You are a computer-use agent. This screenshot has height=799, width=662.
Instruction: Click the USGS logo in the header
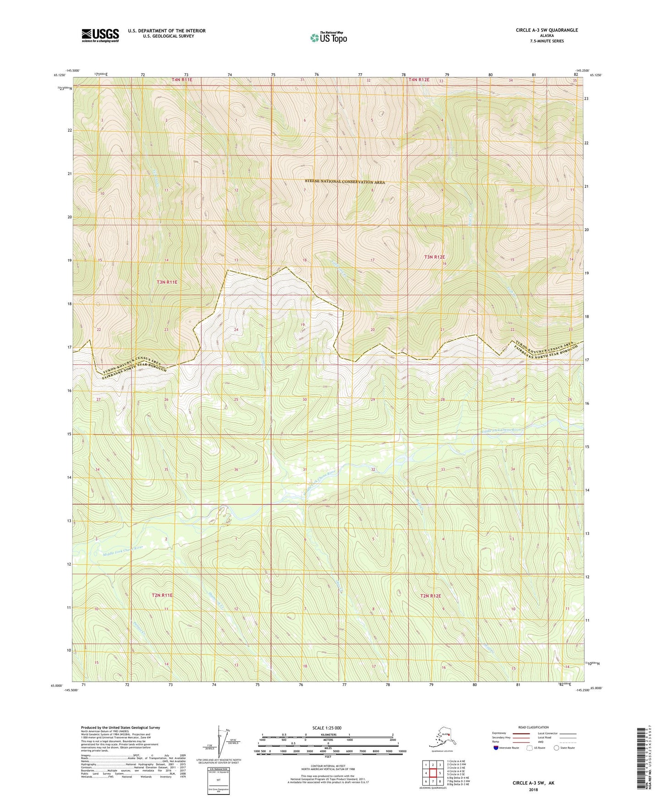pyautogui.click(x=100, y=35)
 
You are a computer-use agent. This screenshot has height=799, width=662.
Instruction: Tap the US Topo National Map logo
pyautogui.click(x=328, y=38)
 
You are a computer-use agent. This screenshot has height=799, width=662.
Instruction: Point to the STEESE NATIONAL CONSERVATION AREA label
pyautogui.click(x=345, y=182)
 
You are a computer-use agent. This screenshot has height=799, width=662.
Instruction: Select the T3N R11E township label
pyautogui.click(x=167, y=282)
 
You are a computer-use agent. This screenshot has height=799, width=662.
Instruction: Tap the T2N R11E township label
pyautogui.click(x=162, y=595)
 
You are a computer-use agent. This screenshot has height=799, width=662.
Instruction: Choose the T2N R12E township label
pyautogui.click(x=430, y=596)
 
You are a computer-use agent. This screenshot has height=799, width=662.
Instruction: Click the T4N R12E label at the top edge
pyautogui.click(x=419, y=80)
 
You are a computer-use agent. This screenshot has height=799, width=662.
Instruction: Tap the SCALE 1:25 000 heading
pyautogui.click(x=327, y=728)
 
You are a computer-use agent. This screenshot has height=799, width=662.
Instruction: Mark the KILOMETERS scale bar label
pyautogui.click(x=327, y=735)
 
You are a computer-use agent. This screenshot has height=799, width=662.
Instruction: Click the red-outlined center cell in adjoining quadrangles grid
pyautogui.click(x=432, y=773)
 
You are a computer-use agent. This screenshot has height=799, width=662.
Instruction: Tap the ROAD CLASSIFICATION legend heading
pyautogui.click(x=533, y=727)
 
